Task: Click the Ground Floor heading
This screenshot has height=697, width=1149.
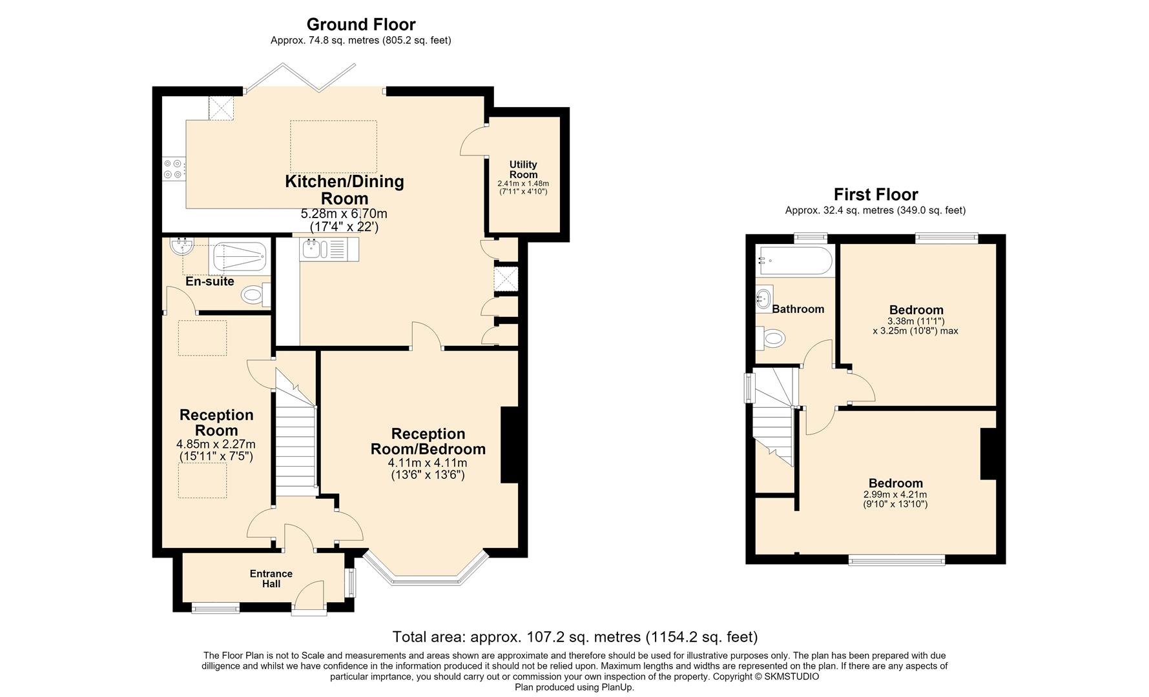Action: [x=360, y=25]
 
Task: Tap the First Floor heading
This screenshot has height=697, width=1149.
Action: [x=875, y=194]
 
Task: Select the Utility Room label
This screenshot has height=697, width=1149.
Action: [x=523, y=170]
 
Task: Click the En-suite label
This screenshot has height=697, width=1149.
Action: [x=209, y=281]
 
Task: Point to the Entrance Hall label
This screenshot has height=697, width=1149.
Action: [x=271, y=579]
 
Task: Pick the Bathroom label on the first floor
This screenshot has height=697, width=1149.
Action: [x=798, y=309]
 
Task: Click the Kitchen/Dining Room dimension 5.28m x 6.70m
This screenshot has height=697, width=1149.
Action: [x=344, y=214]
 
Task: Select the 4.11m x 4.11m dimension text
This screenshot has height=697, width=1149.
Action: [x=428, y=463]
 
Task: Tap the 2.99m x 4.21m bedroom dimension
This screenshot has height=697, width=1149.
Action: [x=895, y=495]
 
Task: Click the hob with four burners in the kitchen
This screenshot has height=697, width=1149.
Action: [x=172, y=169]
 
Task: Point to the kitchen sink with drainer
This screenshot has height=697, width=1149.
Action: [x=329, y=249]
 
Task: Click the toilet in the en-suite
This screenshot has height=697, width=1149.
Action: [x=255, y=296]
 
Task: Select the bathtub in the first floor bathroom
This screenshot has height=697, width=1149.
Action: [x=794, y=261]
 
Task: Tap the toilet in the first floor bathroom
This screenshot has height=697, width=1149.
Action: [x=770, y=337]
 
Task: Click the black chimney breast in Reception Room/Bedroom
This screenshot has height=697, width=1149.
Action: [x=510, y=445]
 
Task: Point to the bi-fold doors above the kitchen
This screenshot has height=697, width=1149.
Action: [x=300, y=78]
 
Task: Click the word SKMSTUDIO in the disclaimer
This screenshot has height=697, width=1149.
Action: [x=791, y=676]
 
